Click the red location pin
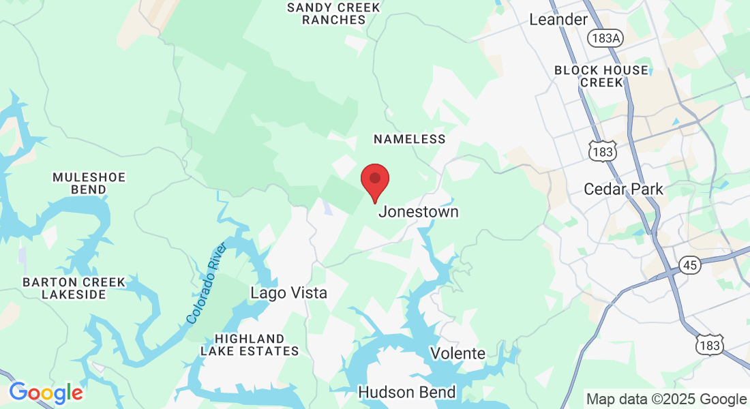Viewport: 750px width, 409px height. click(x=374, y=180)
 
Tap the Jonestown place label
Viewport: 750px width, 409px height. click(x=418, y=212)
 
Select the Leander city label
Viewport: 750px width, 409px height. click(x=558, y=20)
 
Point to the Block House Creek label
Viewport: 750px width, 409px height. click(x=601, y=76)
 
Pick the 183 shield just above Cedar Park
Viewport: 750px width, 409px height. click(x=603, y=152)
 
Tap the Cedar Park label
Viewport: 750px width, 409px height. click(x=623, y=189)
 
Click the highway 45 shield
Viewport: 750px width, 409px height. click(x=690, y=265)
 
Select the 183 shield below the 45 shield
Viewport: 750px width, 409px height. click(x=710, y=346)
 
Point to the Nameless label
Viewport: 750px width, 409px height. click(x=409, y=139)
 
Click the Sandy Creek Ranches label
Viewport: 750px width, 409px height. click(x=334, y=14)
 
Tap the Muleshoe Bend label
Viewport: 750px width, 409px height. click(x=89, y=183)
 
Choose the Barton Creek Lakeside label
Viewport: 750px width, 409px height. click(x=74, y=288)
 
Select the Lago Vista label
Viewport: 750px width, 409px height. click(x=288, y=293)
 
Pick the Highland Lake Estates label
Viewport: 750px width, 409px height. click(x=250, y=345)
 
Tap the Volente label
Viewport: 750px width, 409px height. click(x=457, y=353)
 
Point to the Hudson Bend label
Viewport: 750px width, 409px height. click(x=406, y=393)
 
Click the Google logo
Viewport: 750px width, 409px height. click(x=46, y=393)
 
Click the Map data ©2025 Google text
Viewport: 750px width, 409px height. click(x=666, y=399)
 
